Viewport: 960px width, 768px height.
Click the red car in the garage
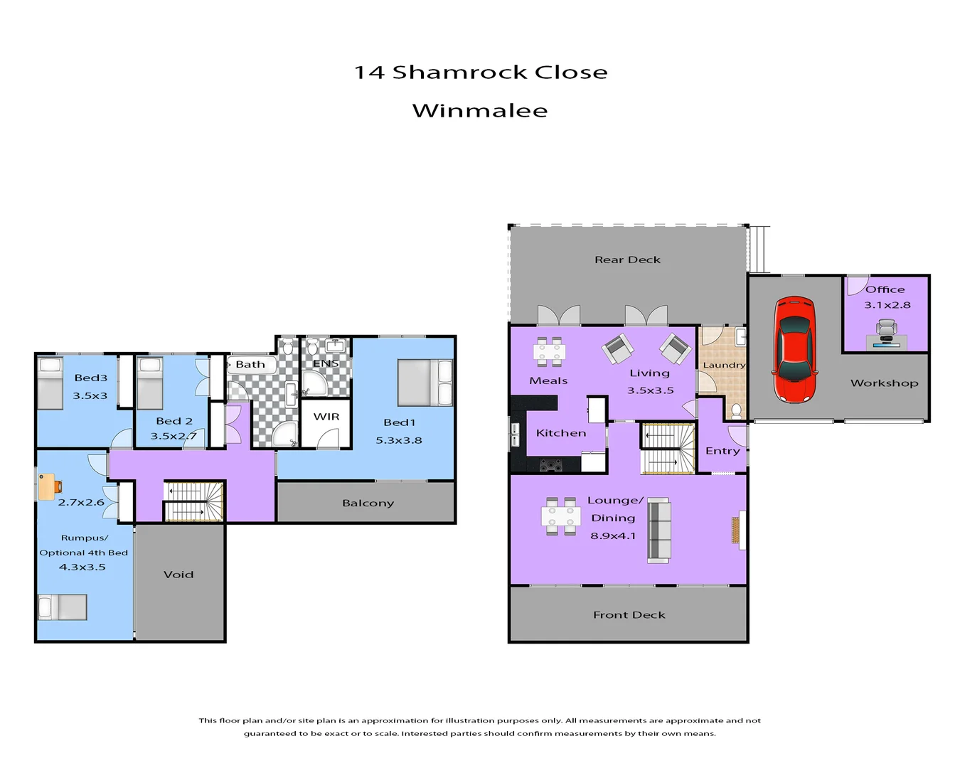tap(794, 350)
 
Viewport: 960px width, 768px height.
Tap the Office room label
tap(885, 289)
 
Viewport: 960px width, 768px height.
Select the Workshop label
tap(884, 383)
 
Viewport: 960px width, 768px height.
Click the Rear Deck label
tap(627, 260)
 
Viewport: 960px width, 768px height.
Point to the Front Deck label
tap(629, 615)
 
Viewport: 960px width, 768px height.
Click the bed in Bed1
tap(425, 383)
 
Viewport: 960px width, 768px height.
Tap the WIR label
tap(326, 417)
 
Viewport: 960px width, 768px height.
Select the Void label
tap(178, 575)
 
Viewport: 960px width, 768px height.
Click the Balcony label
tap(368, 503)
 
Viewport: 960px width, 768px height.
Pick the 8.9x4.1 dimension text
tap(613, 536)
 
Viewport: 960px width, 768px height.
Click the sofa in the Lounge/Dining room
tap(658, 530)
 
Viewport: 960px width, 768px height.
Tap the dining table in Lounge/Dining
tap(560, 516)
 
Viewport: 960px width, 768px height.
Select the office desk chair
tap(886, 329)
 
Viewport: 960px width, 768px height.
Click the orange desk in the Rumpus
tap(48, 487)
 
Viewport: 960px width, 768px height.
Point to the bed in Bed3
tap(50, 384)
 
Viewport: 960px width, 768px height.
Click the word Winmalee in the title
tap(480, 111)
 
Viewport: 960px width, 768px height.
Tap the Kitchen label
tap(561, 433)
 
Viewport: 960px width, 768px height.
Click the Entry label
tap(722, 451)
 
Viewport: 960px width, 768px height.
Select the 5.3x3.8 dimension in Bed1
tap(399, 440)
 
